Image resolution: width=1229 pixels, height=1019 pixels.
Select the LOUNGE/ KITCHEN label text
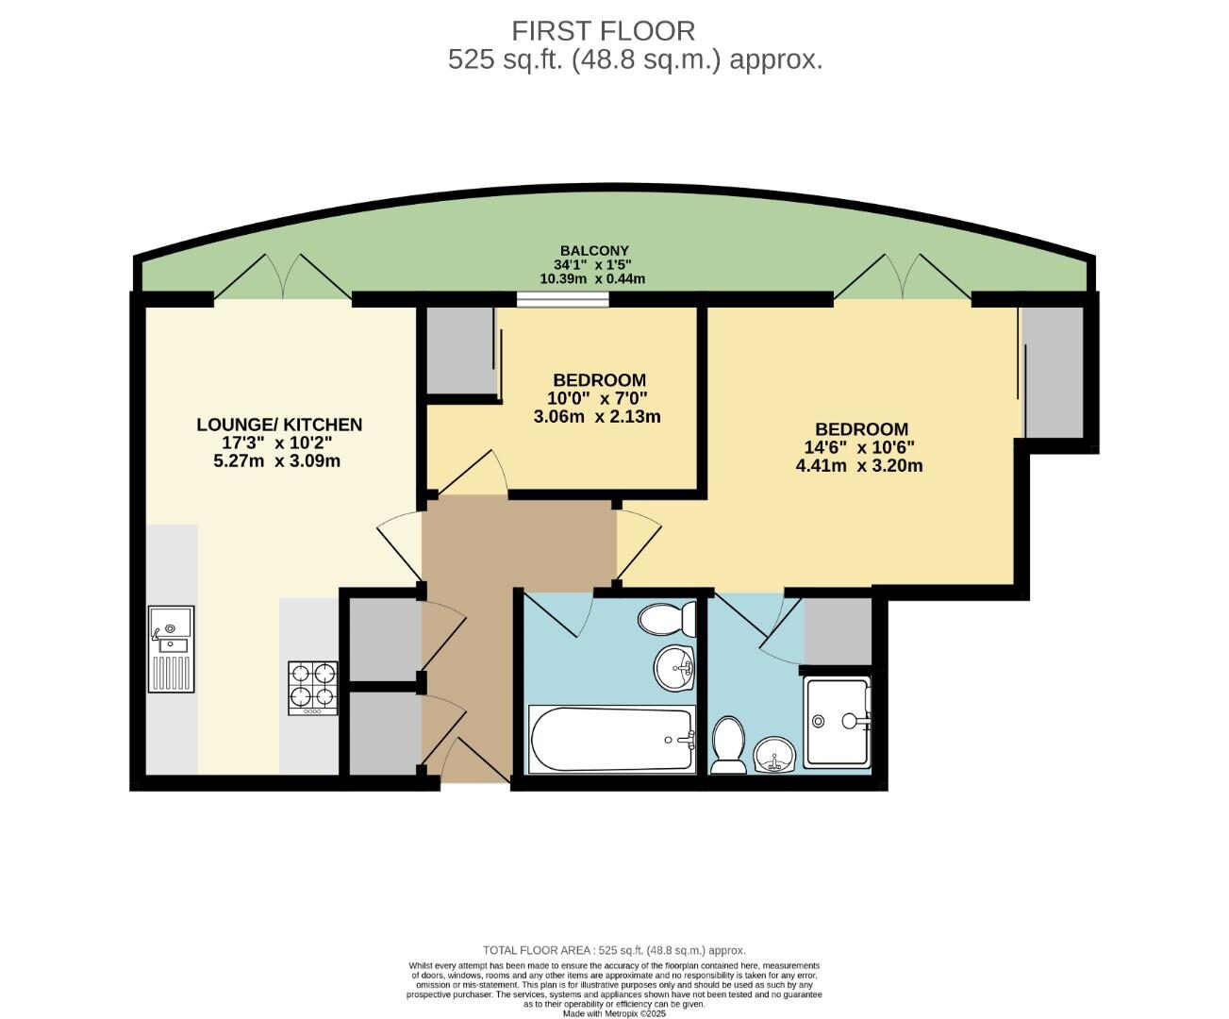coord(279,425)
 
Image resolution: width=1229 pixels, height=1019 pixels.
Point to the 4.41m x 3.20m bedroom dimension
coord(859,465)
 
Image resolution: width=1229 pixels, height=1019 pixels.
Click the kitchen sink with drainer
coord(171,648)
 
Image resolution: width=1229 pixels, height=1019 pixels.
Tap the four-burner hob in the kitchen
coord(313,686)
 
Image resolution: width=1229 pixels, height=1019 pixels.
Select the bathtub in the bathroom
coord(612,740)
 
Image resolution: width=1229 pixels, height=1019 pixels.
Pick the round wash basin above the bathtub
coord(674,668)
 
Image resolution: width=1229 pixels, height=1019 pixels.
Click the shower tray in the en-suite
coord(838,722)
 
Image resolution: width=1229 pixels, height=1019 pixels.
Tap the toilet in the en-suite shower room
coord(727,745)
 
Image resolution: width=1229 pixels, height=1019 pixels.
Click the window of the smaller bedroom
coord(562,299)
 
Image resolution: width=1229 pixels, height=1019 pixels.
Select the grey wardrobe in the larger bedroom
coord(1053,372)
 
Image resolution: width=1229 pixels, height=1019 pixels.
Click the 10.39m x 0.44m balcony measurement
coord(592,279)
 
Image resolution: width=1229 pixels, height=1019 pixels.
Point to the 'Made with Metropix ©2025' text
coord(614,1013)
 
